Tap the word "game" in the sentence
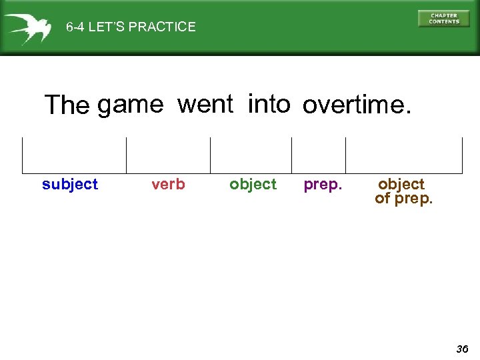click(x=130, y=105)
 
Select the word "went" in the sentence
click(x=205, y=104)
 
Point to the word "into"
click(x=269, y=104)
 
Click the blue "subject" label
click(x=70, y=185)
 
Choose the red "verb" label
click(x=168, y=185)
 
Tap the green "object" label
click(x=253, y=185)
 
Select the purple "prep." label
click(x=323, y=185)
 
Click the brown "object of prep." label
click(x=403, y=191)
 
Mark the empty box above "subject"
click(x=74, y=155)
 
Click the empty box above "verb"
click(x=168, y=155)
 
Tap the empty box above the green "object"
click(x=251, y=155)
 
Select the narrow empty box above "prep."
click(x=319, y=155)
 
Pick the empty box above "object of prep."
click(x=403, y=155)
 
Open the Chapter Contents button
click(x=444, y=19)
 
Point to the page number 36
click(x=462, y=349)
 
